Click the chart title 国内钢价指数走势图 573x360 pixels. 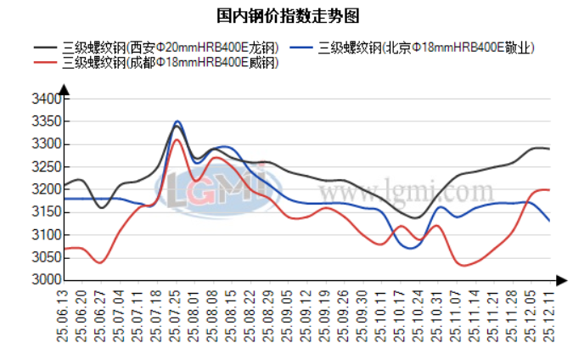click(286, 15)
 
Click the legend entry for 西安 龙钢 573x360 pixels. click(169, 48)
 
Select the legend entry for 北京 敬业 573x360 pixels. click(424, 48)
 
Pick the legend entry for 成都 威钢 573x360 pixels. click(169, 63)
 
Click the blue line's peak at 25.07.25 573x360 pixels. click(177, 121)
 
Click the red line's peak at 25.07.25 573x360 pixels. click(177, 139)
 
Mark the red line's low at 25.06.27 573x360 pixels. click(100, 263)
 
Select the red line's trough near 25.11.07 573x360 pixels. click(464, 266)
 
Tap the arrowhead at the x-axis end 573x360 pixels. click(561, 279)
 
